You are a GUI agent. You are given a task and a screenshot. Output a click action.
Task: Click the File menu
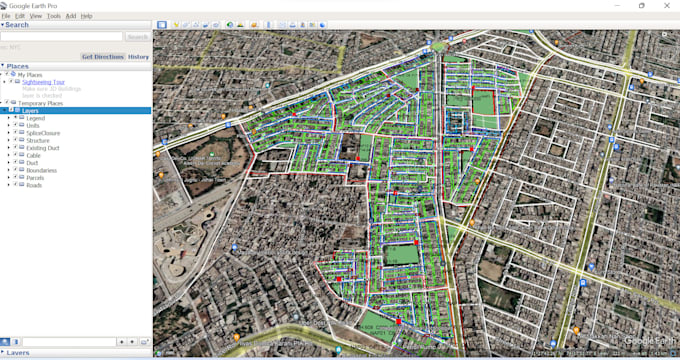6,16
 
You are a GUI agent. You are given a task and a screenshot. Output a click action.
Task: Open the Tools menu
53,16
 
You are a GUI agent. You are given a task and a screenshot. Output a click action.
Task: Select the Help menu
86,16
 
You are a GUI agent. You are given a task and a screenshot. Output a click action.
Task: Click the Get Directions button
101,57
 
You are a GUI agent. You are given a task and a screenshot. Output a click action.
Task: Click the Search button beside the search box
137,37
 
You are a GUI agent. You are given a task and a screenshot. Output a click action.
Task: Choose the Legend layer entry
36,118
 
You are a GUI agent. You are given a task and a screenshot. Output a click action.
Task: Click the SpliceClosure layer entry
43,133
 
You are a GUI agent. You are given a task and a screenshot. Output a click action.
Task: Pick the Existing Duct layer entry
42,148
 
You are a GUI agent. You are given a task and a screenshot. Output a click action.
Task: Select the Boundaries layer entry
41,170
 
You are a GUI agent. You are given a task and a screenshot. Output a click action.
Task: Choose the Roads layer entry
34,185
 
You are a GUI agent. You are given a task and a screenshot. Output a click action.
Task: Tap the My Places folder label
30,75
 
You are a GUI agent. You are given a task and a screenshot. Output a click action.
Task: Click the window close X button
668,5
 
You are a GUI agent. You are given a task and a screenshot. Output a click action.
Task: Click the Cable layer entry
33,155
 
